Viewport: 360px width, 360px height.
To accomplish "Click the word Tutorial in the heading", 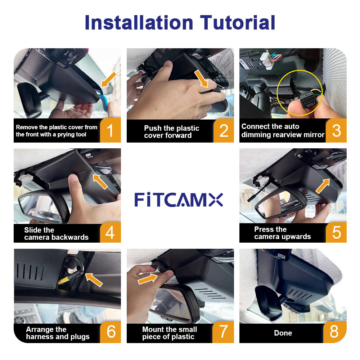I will (238, 22).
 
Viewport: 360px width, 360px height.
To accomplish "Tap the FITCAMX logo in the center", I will (179, 199).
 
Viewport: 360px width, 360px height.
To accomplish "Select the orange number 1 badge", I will (110, 130).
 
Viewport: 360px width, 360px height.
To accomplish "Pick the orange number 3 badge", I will (336, 130).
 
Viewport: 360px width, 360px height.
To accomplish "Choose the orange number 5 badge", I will (336, 233).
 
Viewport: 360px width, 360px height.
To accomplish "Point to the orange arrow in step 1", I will (109, 79).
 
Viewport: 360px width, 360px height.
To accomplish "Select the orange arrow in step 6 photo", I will (94, 279).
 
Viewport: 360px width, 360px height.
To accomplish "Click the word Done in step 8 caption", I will (283, 333).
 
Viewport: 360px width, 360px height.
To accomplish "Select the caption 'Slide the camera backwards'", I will (56, 234).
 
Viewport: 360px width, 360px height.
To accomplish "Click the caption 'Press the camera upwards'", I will (282, 233).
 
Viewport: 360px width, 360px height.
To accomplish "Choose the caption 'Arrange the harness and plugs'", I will (58, 333).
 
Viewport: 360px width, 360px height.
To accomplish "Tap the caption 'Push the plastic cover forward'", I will (171, 132).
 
